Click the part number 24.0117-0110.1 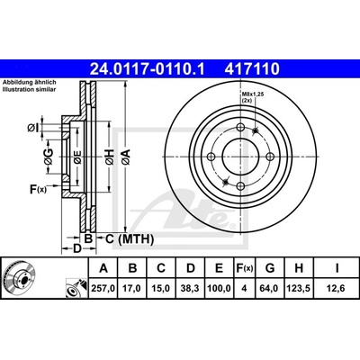coord(147,69)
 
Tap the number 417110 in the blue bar coord(252,69)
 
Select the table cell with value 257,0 coord(103,288)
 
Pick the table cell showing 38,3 coord(191,288)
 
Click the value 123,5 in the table coord(299,288)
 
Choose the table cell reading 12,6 coord(337,288)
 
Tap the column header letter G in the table coord(270,268)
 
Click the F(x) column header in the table coord(245,268)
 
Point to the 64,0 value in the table coord(270,288)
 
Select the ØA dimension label coord(126,157)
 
